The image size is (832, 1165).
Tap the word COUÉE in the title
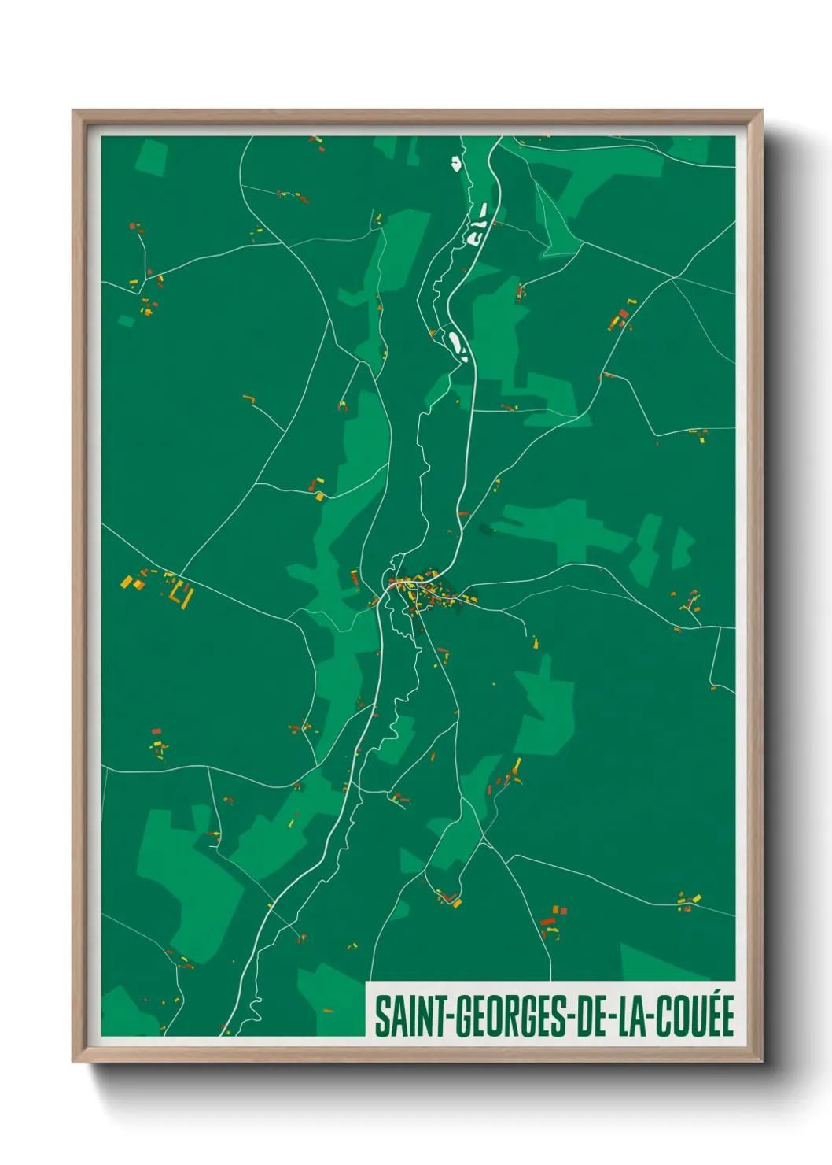pos(695,1016)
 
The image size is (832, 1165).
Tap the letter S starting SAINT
pos(381,1016)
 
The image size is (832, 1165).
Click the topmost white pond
pos(455,164)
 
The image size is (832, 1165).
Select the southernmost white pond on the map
pos(458,345)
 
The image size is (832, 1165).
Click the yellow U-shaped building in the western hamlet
pos(186,594)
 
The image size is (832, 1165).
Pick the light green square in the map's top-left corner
pos(151,157)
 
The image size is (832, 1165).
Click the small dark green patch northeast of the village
pos(487,529)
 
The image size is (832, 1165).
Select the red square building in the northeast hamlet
pos(624,313)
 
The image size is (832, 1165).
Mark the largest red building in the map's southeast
pos(548,921)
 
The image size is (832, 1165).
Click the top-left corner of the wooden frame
pos(73,111)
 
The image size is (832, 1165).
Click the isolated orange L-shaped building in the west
pos(251,399)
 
